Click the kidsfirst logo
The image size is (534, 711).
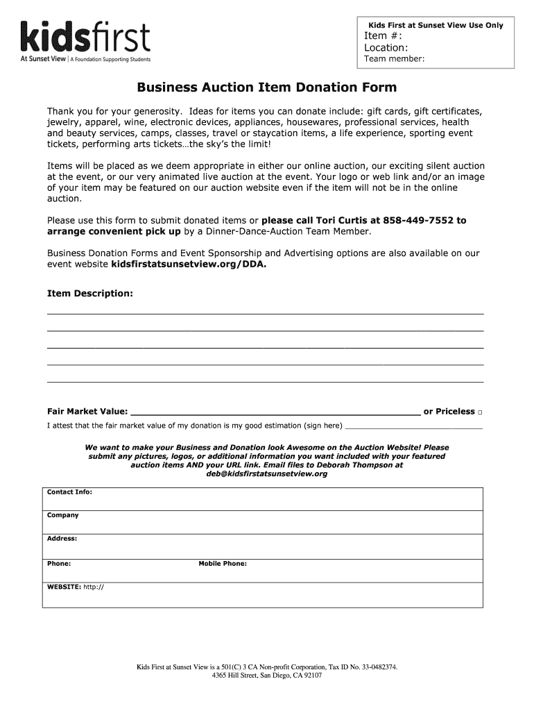coord(85,41)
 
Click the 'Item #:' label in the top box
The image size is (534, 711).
coord(383,37)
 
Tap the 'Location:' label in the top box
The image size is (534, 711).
coord(386,48)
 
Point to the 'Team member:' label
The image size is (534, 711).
coord(394,59)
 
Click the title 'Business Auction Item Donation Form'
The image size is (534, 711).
coord(266,88)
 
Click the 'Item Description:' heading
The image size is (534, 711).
coord(89,294)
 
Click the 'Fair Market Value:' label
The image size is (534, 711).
coord(87,412)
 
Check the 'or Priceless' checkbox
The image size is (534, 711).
coord(480,412)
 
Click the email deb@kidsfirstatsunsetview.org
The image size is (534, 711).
coord(266,474)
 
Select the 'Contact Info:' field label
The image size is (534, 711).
coord(69,492)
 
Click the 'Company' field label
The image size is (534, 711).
coord(62,515)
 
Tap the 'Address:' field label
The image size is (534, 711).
coord(62,539)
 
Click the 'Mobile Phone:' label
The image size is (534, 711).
coord(223,564)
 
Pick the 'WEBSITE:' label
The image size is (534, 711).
coord(64,587)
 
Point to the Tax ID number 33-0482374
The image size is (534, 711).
coord(370,667)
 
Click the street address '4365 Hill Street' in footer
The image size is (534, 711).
coord(236,675)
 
